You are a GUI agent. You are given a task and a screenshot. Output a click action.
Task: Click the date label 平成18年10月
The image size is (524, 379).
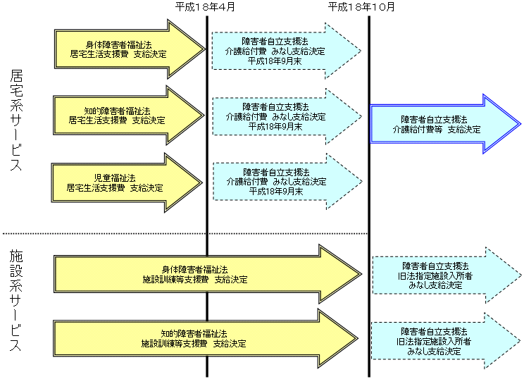click(x=361, y=6)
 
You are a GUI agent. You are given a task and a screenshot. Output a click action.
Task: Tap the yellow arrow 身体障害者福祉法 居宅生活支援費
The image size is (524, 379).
click(x=120, y=48)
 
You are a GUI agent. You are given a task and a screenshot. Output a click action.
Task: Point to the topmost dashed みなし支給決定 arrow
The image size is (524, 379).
click(x=282, y=51)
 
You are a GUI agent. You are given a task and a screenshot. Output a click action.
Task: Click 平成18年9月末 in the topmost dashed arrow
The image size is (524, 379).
click(x=275, y=61)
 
